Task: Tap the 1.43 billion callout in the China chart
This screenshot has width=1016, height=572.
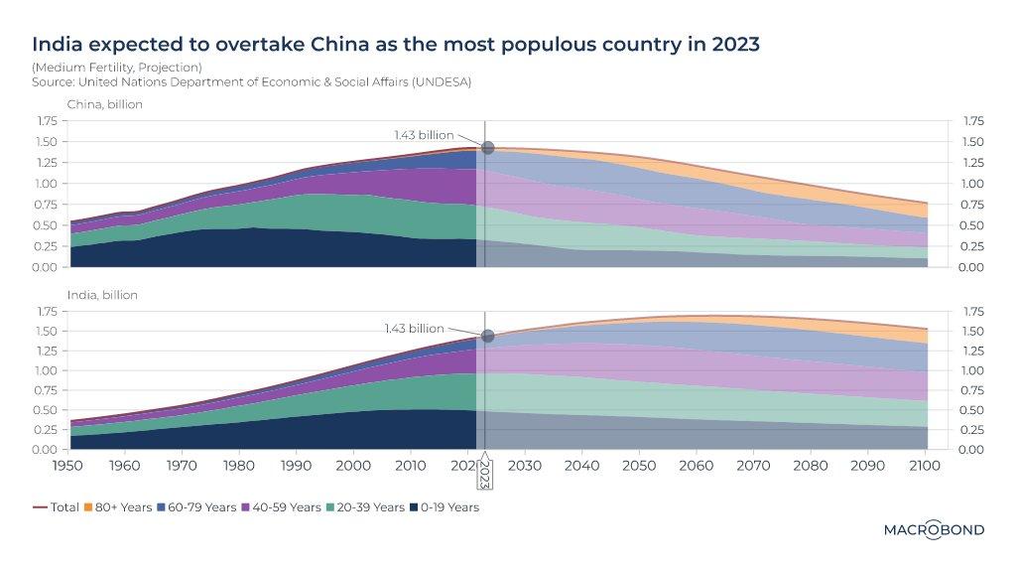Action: (x=424, y=135)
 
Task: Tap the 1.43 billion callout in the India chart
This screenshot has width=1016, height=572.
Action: (x=414, y=328)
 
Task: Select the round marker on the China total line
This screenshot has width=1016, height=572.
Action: (x=487, y=148)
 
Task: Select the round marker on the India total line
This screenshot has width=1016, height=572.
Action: (x=487, y=337)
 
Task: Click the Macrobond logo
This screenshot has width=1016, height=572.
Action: (x=933, y=530)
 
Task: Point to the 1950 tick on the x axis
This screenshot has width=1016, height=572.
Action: (x=66, y=464)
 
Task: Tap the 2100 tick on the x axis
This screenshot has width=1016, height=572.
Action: (x=926, y=464)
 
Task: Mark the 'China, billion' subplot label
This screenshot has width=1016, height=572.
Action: (x=104, y=104)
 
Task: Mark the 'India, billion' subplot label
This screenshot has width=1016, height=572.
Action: (x=102, y=295)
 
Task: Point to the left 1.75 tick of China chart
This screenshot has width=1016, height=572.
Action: (x=45, y=121)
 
